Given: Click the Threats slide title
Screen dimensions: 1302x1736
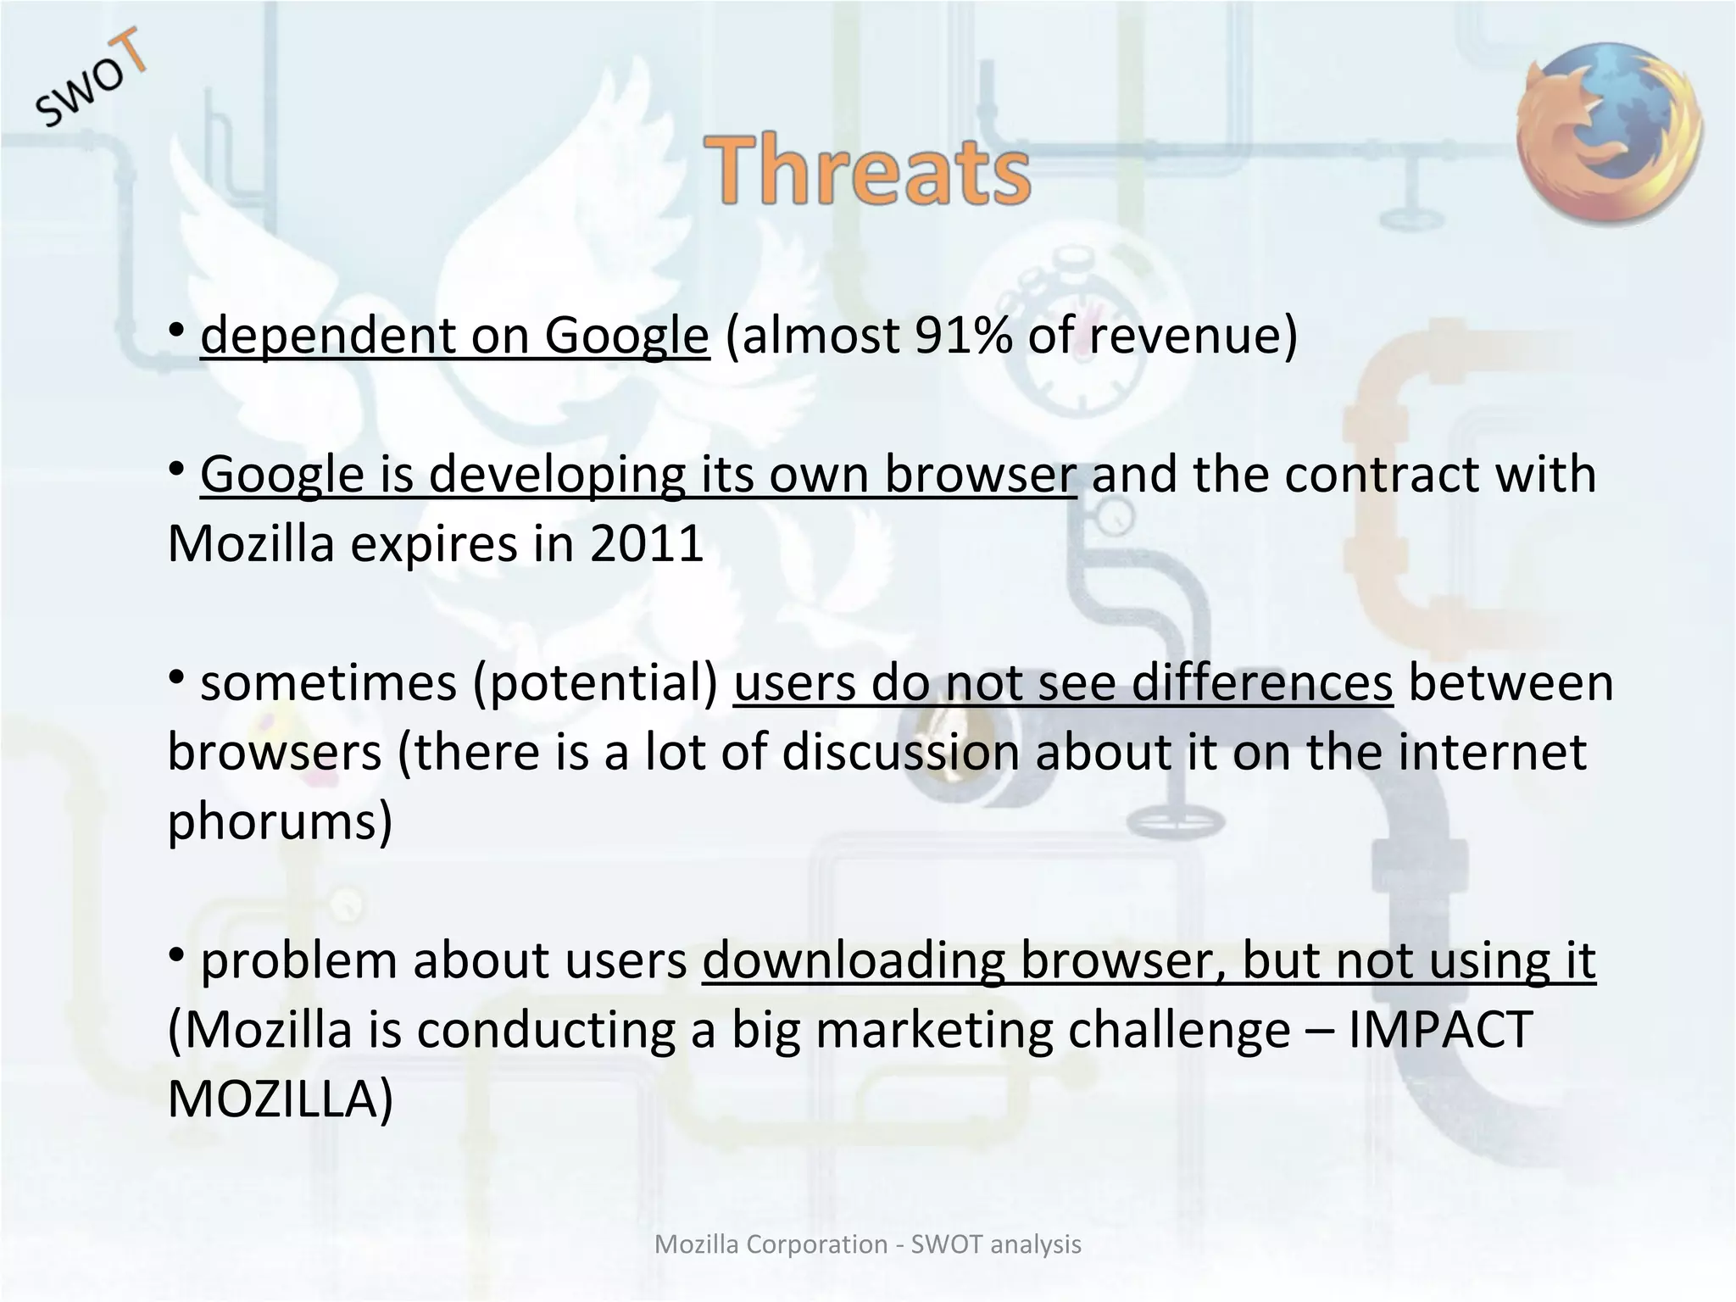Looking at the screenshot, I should [867, 172].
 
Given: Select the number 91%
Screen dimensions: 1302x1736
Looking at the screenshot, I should [963, 336].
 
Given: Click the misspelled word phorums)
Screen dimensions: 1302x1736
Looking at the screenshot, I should [280, 822].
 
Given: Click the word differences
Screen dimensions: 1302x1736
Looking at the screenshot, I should [1262, 683].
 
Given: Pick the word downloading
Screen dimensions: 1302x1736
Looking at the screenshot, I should [853, 961].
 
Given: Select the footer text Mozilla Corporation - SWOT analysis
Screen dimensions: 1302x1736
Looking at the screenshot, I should [868, 1244].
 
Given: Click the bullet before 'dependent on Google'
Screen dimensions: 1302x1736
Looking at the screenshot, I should [176, 330].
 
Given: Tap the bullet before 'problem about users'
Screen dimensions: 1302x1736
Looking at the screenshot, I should [176, 955].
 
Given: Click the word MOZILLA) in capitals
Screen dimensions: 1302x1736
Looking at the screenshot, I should [280, 1099].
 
